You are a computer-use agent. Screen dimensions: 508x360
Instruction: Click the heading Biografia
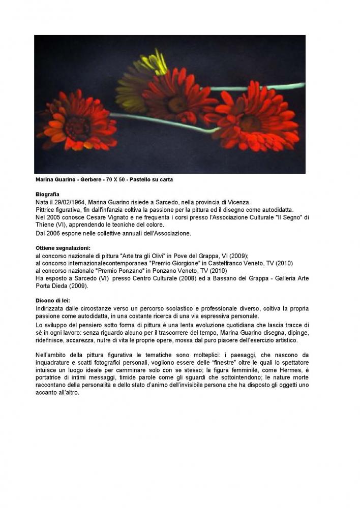(x=47, y=195)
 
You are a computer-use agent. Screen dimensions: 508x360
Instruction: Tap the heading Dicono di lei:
(x=53, y=301)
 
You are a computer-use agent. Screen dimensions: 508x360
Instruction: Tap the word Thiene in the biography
(x=45, y=225)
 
